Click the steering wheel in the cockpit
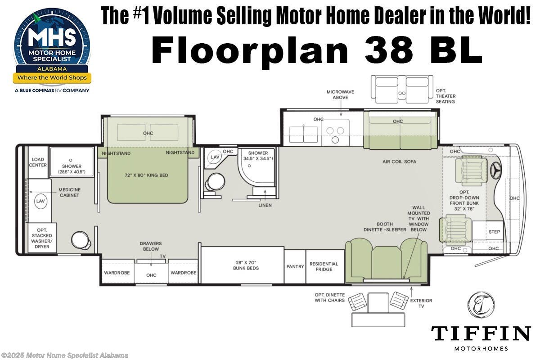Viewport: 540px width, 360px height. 497,171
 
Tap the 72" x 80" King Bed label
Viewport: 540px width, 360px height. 147,175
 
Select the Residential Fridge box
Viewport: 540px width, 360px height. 324,266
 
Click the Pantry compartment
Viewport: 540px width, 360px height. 295,266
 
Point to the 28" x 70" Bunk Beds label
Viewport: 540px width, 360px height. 242,265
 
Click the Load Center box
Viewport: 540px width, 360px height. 38,162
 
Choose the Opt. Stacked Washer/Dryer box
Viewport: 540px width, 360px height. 42,238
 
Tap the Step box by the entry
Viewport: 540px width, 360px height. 494,232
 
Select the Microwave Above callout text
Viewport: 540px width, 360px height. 340,94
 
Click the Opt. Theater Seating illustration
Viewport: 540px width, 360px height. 401,87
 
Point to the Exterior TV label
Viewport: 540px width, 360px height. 421,303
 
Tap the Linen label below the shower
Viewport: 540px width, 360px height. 264,205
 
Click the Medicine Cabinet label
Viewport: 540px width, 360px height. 70,192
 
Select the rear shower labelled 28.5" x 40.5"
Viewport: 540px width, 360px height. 71,166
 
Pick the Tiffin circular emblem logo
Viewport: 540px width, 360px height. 481,305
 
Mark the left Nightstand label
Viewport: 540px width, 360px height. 116,153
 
